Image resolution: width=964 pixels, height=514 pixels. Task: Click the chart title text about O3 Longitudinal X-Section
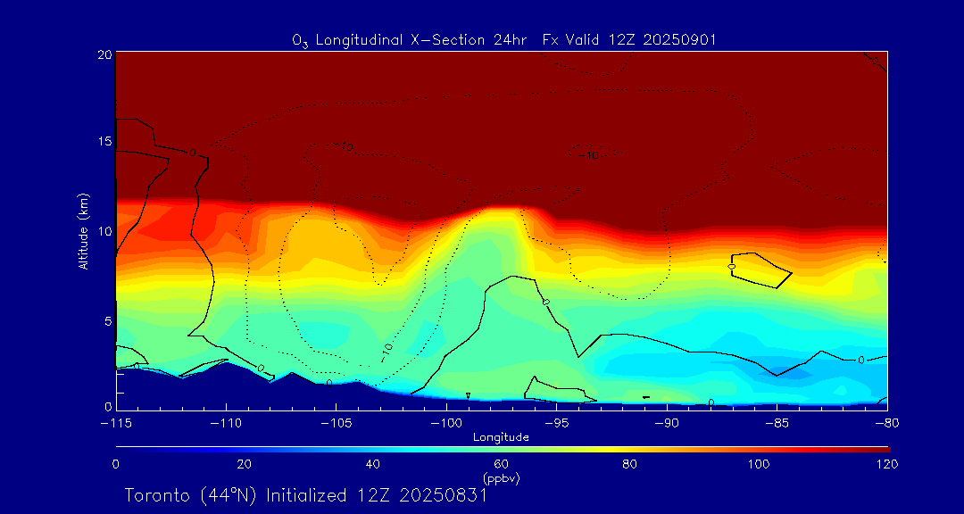point(504,40)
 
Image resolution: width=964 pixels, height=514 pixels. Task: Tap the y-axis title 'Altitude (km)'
point(84,231)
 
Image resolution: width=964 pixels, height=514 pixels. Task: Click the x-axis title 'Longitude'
point(501,437)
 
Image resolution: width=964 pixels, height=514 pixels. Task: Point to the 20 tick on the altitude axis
point(104,54)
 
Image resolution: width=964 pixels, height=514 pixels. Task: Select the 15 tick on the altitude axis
point(104,142)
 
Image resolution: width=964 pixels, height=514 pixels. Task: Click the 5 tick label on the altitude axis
point(107,320)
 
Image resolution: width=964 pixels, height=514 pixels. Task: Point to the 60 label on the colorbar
point(502,464)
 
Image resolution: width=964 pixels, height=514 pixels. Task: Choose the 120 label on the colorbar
point(887,464)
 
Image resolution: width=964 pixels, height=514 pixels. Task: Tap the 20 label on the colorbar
point(244,464)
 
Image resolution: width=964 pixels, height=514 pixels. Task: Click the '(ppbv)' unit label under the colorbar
point(502,478)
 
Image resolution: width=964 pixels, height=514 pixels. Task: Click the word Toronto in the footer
point(159,495)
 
